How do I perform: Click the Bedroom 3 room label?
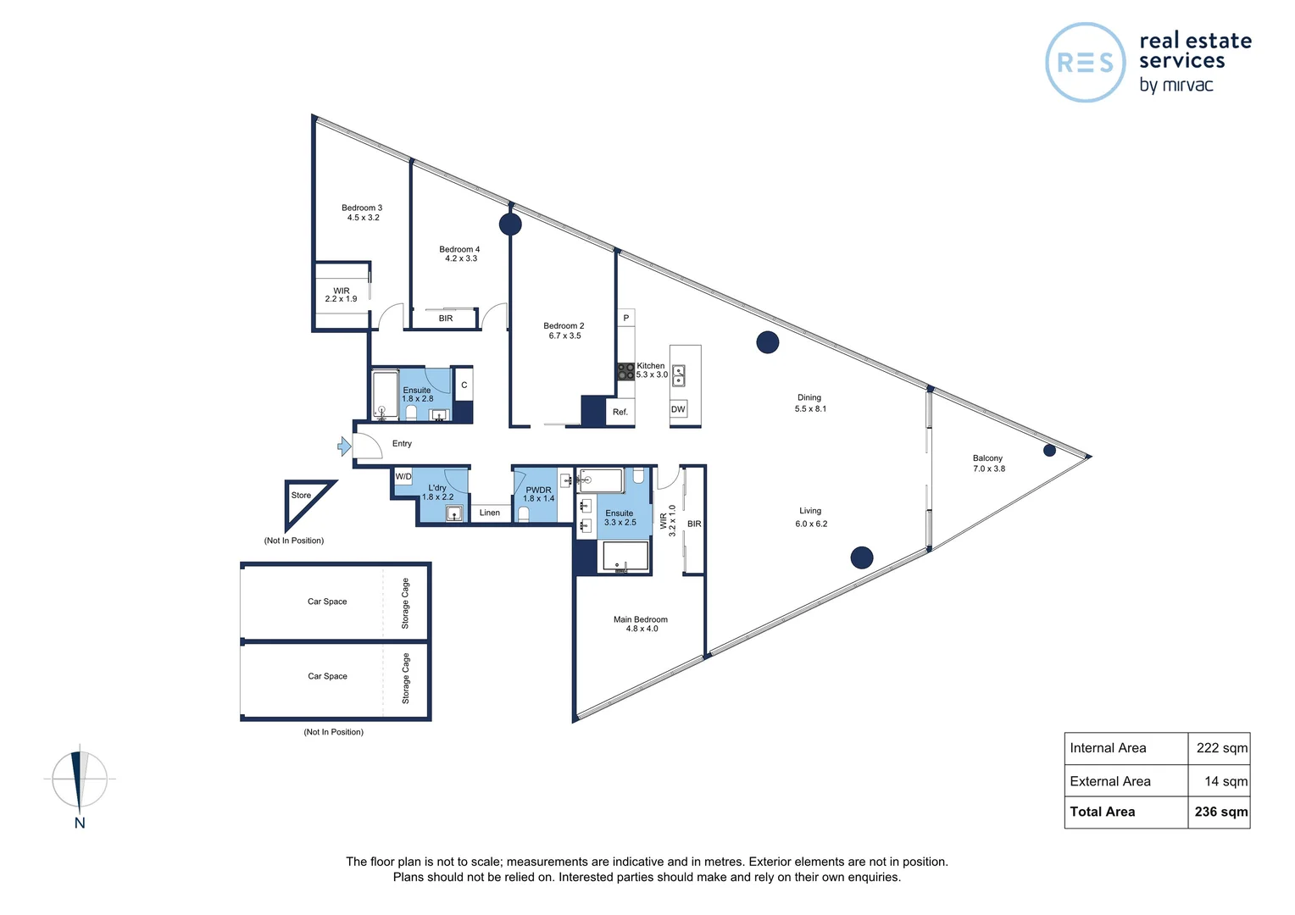[362, 208]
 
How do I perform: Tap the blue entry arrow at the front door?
[344, 446]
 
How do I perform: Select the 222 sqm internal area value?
[1221, 748]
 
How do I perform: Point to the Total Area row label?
[1102, 812]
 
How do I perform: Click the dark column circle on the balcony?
[1049, 451]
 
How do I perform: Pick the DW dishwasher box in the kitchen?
[678, 409]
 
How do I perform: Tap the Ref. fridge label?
[620, 413]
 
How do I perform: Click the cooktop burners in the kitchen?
[625, 371]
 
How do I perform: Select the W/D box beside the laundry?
[403, 477]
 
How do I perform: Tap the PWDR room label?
[538, 490]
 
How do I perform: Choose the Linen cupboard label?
[490, 513]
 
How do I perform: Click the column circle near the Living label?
[862, 557]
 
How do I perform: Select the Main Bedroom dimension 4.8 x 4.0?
[642, 629]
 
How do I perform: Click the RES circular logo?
[1086, 63]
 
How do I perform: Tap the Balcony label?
[987, 458]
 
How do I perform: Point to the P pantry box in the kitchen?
[626, 319]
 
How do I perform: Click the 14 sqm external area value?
[1226, 782]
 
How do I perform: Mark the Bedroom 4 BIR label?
[446, 319]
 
